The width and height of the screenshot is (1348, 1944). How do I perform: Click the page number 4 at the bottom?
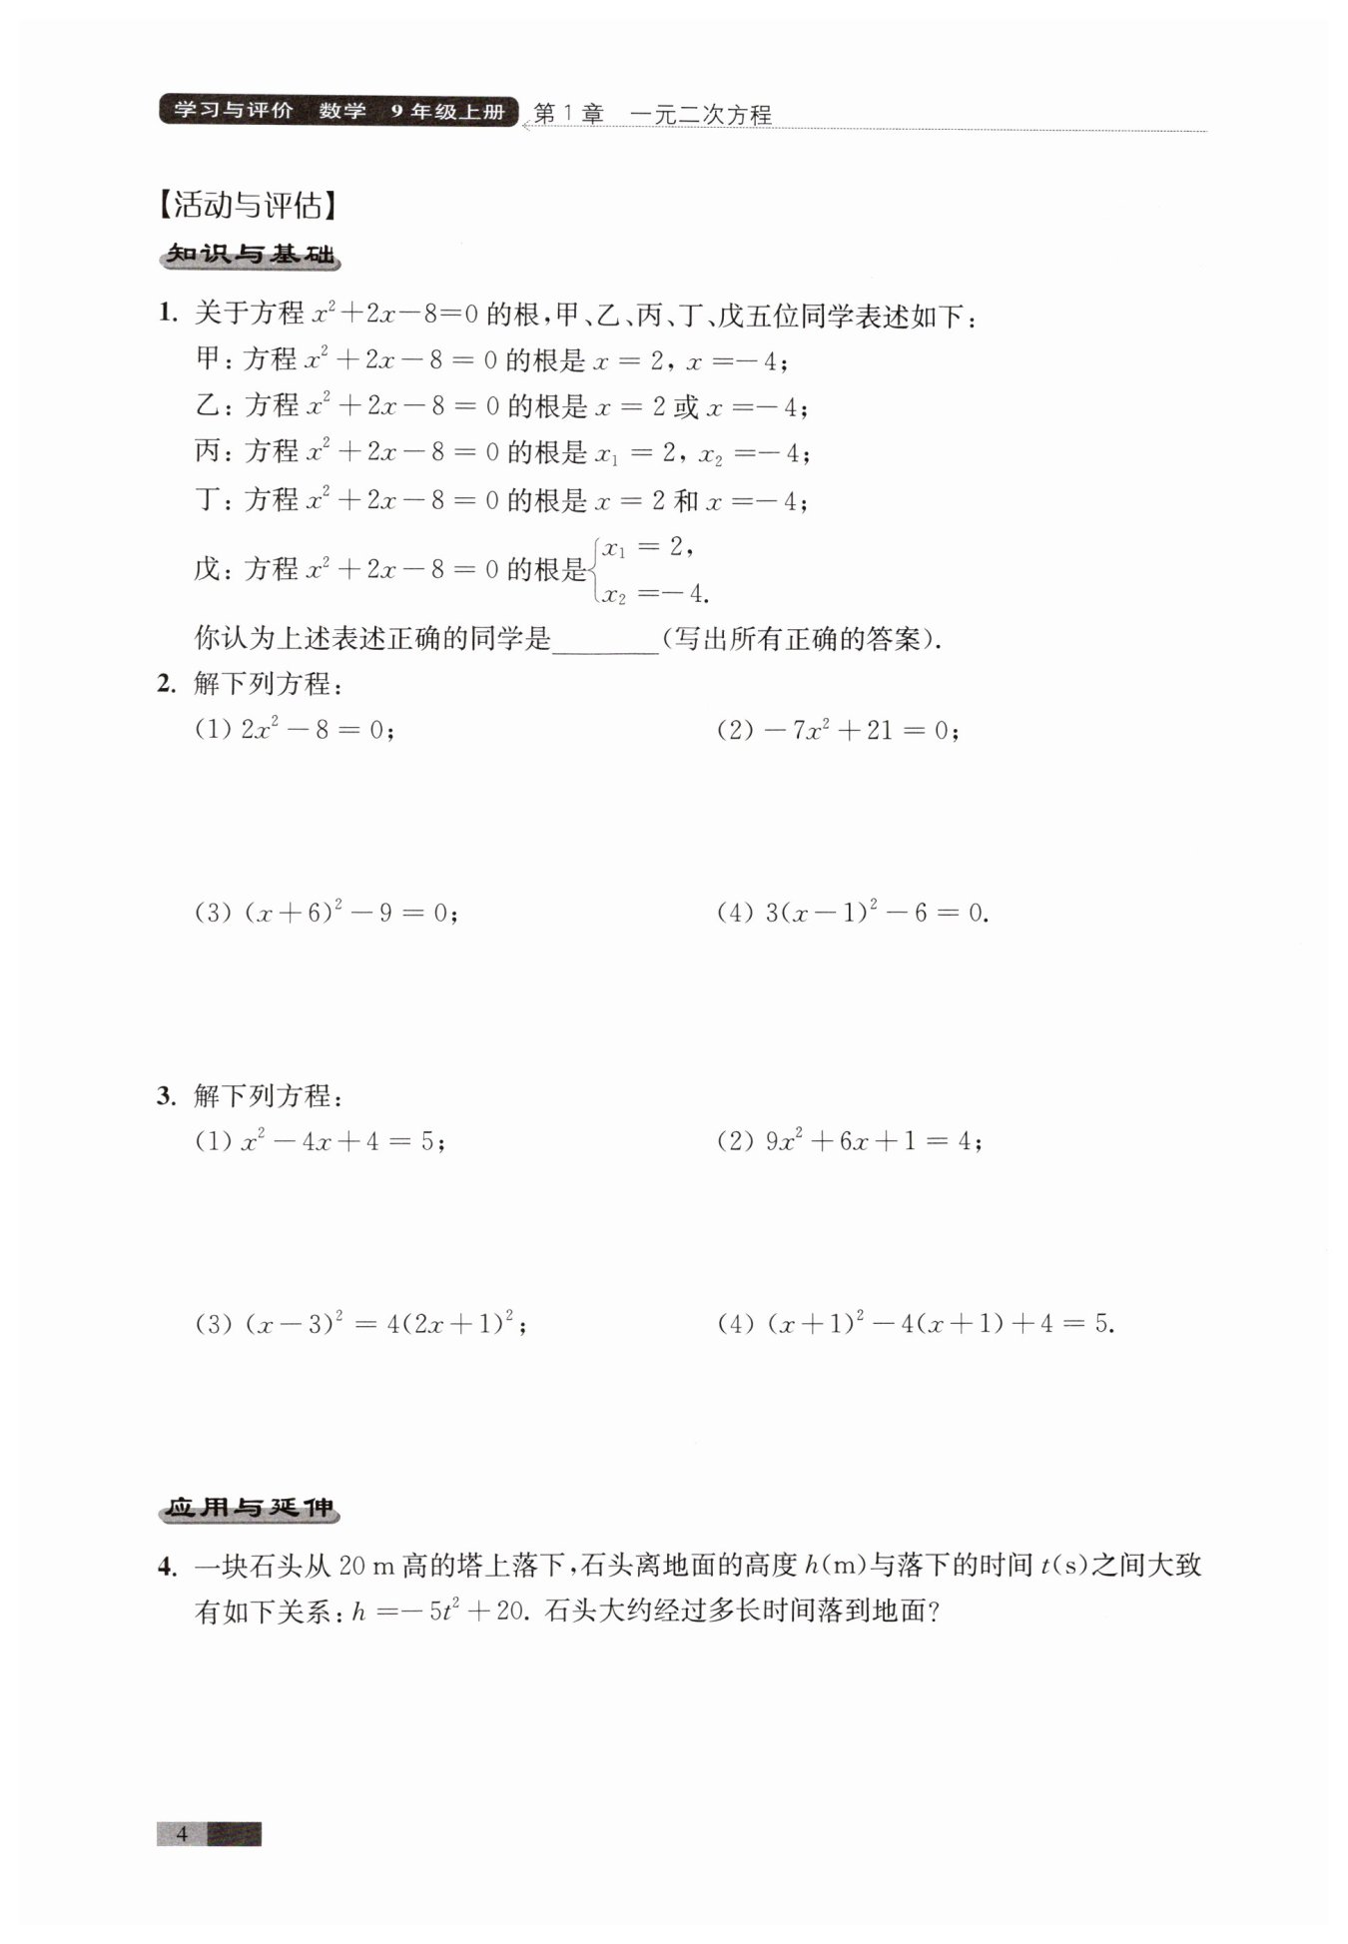click(182, 1833)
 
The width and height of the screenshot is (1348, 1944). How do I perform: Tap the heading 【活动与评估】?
click(249, 205)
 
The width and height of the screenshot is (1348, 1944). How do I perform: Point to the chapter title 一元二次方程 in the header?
click(701, 115)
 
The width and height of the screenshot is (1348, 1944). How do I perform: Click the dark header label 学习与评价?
click(234, 110)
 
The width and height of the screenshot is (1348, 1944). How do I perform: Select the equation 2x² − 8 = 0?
click(317, 730)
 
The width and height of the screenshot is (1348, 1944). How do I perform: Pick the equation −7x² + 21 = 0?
click(862, 730)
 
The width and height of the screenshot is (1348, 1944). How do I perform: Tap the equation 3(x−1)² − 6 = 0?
click(876, 912)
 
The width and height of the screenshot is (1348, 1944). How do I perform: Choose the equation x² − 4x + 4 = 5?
click(342, 1141)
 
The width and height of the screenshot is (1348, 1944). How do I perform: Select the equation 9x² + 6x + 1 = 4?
click(873, 1141)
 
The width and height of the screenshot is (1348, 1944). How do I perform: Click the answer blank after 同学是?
click(605, 640)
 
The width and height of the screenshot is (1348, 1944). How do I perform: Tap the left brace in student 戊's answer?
click(595, 570)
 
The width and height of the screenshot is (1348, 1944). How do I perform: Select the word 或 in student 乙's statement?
click(686, 406)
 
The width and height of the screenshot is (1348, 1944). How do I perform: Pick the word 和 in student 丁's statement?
click(686, 500)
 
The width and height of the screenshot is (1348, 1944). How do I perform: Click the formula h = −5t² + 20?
click(438, 1612)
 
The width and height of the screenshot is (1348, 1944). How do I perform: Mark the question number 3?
click(166, 1095)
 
